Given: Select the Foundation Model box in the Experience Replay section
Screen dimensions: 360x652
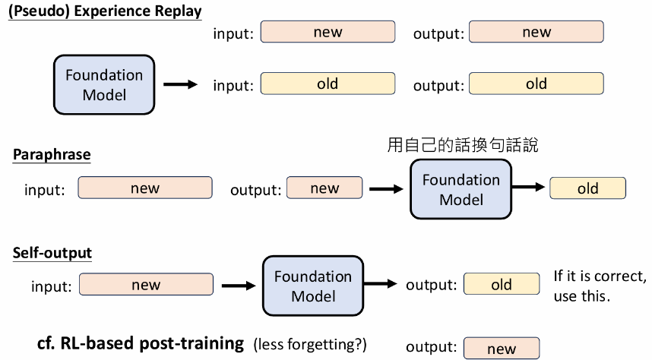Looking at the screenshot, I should [103, 85].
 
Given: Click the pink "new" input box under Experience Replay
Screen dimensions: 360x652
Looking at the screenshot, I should [328, 32].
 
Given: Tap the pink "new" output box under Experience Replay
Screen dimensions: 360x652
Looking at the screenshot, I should [536, 32].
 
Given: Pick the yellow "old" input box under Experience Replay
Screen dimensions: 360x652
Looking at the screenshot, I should [328, 84].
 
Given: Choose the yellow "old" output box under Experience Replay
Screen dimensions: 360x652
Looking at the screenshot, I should [536, 84].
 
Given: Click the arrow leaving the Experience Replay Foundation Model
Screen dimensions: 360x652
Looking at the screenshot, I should [180, 85].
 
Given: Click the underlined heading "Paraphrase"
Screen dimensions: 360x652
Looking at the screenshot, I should [52, 155].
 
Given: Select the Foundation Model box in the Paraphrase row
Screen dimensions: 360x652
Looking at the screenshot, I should [461, 189].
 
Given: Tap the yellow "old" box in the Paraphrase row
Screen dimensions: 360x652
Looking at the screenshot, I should [587, 188].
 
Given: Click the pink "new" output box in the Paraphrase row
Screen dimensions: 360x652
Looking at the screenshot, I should [324, 188].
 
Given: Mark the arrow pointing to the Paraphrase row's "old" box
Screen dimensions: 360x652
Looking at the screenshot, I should [529, 188].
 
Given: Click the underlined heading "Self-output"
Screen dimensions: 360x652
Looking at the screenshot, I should [52, 253].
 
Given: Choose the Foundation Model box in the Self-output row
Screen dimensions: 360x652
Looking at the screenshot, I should [312, 285].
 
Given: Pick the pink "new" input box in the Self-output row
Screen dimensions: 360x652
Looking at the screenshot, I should [146, 285].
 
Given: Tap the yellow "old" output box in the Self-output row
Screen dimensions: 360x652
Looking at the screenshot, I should [501, 285].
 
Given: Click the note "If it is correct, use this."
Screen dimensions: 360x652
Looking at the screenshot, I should [600, 286].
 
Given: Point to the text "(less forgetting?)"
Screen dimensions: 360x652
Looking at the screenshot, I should [309, 345].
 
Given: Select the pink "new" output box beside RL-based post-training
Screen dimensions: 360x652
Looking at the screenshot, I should [501, 349].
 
